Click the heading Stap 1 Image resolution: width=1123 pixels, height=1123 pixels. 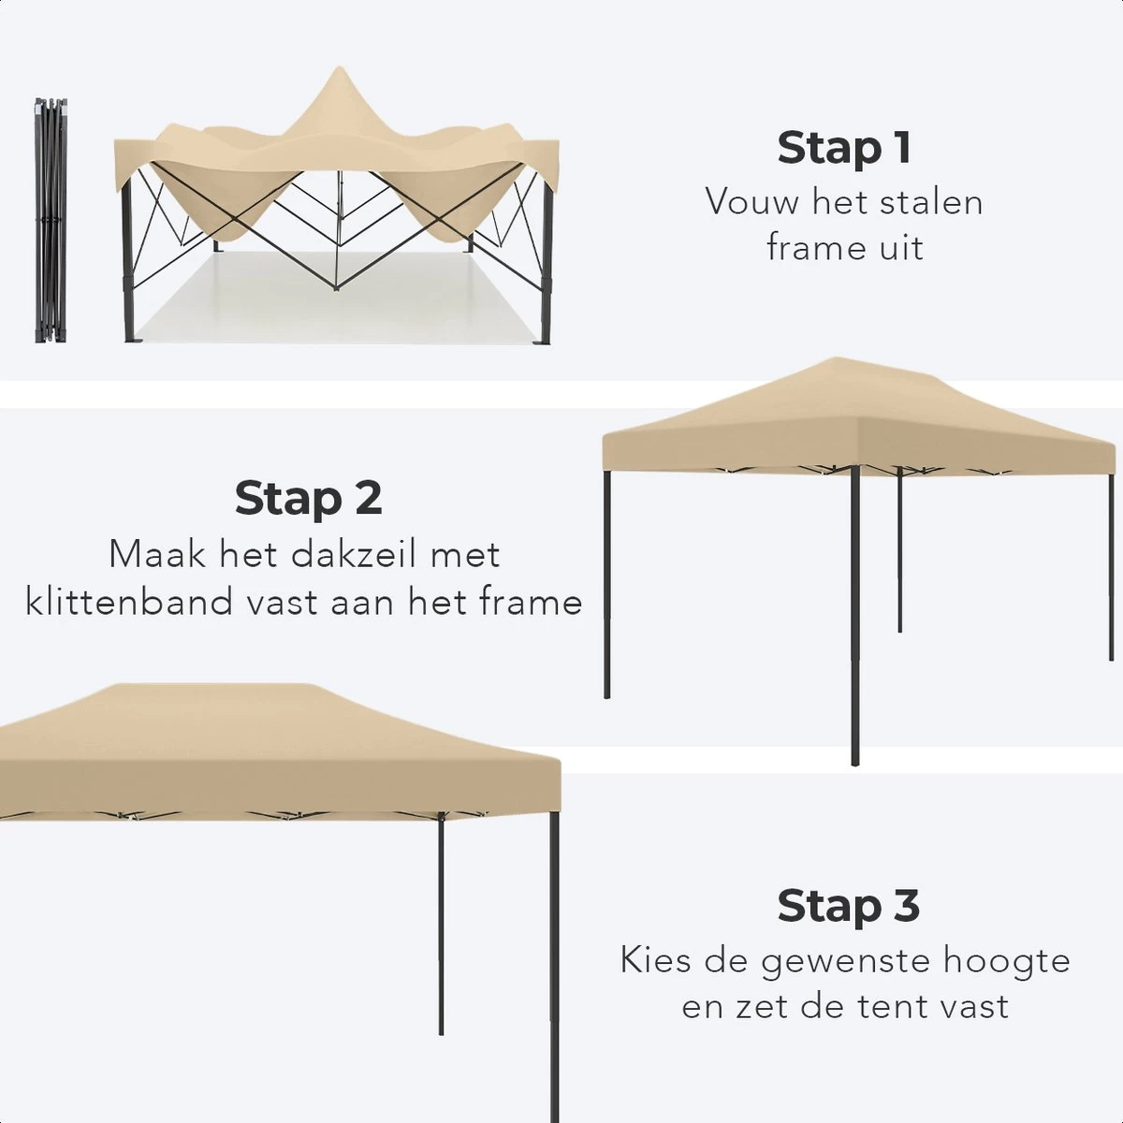point(844,148)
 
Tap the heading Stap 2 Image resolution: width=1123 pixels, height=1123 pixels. point(308,498)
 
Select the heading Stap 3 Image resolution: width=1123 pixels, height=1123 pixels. point(848,905)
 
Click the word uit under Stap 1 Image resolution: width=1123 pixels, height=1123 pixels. point(900,248)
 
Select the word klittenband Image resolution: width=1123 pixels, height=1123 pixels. point(132,602)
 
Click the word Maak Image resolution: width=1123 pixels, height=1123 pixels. point(157,554)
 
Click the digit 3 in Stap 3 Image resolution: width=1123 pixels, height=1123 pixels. point(904,905)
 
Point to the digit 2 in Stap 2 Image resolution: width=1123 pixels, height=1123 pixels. point(368,498)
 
